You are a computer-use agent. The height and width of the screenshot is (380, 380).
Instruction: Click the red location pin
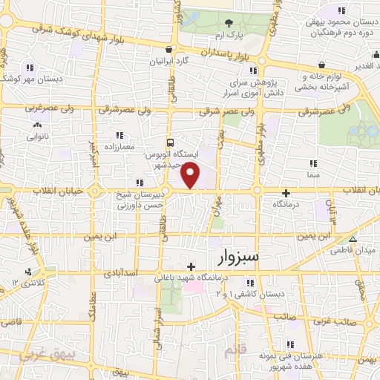pyautogui.click(x=191, y=175)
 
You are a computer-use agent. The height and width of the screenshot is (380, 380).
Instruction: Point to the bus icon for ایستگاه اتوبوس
pyautogui.click(x=171, y=141)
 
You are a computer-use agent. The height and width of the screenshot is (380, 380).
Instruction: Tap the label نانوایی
pyautogui.click(x=37, y=137)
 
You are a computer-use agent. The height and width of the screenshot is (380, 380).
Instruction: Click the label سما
pyautogui.click(x=312, y=173)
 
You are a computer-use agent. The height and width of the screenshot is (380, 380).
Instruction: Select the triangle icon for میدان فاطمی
pyautogui.click(x=353, y=239)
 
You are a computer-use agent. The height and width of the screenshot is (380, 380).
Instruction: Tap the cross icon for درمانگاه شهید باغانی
pyautogui.click(x=191, y=266)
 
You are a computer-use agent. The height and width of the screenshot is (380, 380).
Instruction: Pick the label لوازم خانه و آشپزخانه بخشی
pyautogui.click(x=332, y=82)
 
